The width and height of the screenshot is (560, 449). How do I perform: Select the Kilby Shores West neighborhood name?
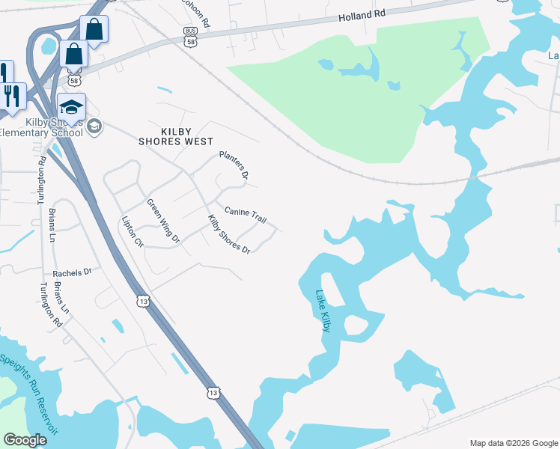tap(176, 135)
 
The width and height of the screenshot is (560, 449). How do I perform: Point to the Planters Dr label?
tap(233, 165)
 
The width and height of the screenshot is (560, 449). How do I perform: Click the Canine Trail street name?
tap(245, 216)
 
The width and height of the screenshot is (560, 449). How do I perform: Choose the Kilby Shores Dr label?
tap(228, 233)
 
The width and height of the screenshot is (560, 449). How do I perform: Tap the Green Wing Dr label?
tap(163, 221)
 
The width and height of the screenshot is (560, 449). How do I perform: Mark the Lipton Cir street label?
tap(132, 232)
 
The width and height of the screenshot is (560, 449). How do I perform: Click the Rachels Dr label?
tap(72, 273)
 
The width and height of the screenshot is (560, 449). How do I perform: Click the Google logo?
tap(25, 440)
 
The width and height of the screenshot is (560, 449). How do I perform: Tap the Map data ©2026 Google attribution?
tap(514, 442)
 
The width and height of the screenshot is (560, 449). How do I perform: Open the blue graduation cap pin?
tap(72, 109)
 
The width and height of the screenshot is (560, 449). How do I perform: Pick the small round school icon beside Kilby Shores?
tap(94, 126)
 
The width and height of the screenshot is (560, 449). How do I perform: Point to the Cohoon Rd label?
tap(196, 10)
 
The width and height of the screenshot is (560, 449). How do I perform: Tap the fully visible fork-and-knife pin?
tap(13, 97)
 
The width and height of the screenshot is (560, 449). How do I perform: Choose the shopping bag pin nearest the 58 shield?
tap(74, 55)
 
